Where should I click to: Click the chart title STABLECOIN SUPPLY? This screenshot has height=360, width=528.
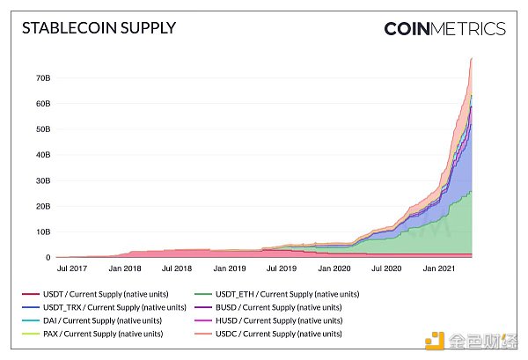pyautogui.click(x=99, y=27)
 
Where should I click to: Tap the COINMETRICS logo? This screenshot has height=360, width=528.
pyautogui.click(x=444, y=28)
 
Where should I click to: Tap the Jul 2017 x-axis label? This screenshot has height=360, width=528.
pyautogui.click(x=73, y=268)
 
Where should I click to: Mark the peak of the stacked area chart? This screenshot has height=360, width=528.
pyautogui.click(x=472, y=58)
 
